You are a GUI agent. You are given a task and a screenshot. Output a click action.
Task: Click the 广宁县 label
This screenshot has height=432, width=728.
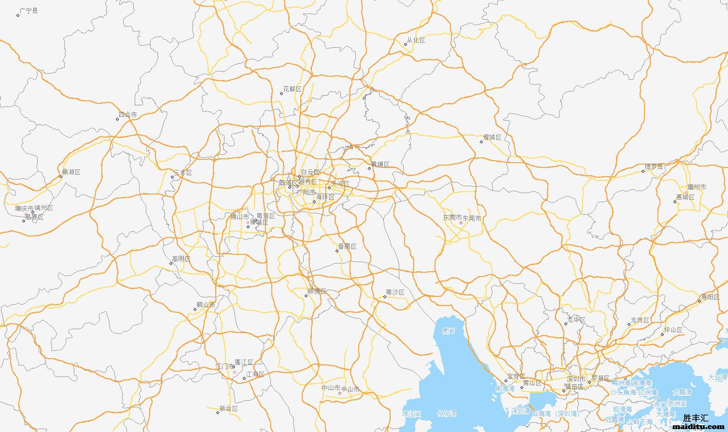(x=29, y=11)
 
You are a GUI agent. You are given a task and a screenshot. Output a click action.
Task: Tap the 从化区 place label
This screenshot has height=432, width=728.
(x=416, y=41)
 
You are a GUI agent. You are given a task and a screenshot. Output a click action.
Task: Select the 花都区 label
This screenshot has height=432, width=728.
(x=293, y=89)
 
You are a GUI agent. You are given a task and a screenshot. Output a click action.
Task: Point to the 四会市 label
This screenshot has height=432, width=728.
(x=128, y=115)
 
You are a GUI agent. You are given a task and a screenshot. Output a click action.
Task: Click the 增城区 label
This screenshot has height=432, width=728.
(x=492, y=138)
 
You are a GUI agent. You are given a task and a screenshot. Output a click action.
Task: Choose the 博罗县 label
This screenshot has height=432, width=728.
(x=655, y=167)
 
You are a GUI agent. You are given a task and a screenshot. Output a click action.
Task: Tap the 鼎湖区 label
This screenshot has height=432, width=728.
(x=71, y=172)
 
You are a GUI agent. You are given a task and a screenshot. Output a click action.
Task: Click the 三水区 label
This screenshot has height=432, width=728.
(x=183, y=173)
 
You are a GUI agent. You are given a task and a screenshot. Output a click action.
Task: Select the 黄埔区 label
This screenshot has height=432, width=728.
(x=380, y=165)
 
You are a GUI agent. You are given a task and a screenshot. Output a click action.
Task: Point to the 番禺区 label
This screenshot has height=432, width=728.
(x=348, y=247)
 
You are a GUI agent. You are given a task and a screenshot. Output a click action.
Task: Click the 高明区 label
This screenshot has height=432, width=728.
(x=182, y=259)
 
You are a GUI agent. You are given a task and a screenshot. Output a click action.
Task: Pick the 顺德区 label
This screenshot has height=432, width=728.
(x=317, y=292)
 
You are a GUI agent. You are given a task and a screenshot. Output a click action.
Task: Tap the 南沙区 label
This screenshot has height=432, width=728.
(x=395, y=293)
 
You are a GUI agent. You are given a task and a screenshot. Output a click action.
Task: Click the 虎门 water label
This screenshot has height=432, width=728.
(x=448, y=331)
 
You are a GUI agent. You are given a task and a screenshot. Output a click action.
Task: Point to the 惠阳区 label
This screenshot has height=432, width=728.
(x=711, y=297)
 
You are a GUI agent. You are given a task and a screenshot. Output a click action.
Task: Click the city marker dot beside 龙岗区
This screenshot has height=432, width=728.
(x=629, y=324)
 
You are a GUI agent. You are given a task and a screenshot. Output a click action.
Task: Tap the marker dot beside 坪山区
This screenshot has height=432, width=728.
(x=662, y=334)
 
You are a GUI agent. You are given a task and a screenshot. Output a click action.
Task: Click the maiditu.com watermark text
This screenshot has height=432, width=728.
(x=699, y=427)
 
